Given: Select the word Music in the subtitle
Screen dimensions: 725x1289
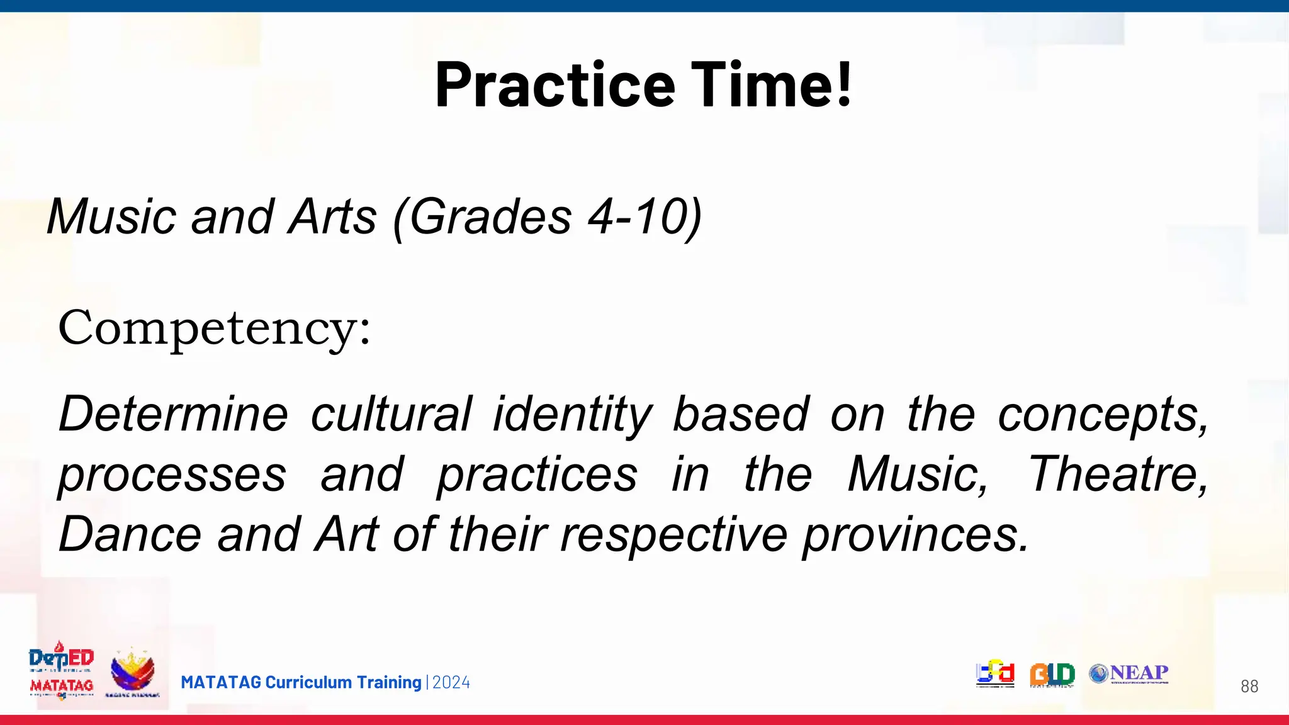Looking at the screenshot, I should pyautogui.click(x=111, y=217).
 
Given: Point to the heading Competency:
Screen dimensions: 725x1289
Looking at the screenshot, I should pyautogui.click(x=214, y=329).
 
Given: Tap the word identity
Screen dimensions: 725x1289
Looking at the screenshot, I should pyautogui.click(x=572, y=415).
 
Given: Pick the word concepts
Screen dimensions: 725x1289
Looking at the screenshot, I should pyautogui.click(x=1102, y=415).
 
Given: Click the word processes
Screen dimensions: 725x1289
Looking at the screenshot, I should pyautogui.click(x=172, y=476).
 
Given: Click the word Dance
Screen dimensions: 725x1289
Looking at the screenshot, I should pyautogui.click(x=130, y=534).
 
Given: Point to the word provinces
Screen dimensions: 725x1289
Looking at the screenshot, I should pyautogui.click(x=916, y=536).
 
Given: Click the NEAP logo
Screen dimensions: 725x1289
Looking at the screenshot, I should pyautogui.click(x=1129, y=673).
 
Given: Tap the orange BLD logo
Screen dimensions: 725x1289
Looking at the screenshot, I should pyautogui.click(x=1052, y=675).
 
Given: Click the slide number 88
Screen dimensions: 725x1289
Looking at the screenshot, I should pyautogui.click(x=1249, y=687).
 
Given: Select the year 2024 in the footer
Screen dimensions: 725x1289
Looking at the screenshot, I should pyautogui.click(x=451, y=683).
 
